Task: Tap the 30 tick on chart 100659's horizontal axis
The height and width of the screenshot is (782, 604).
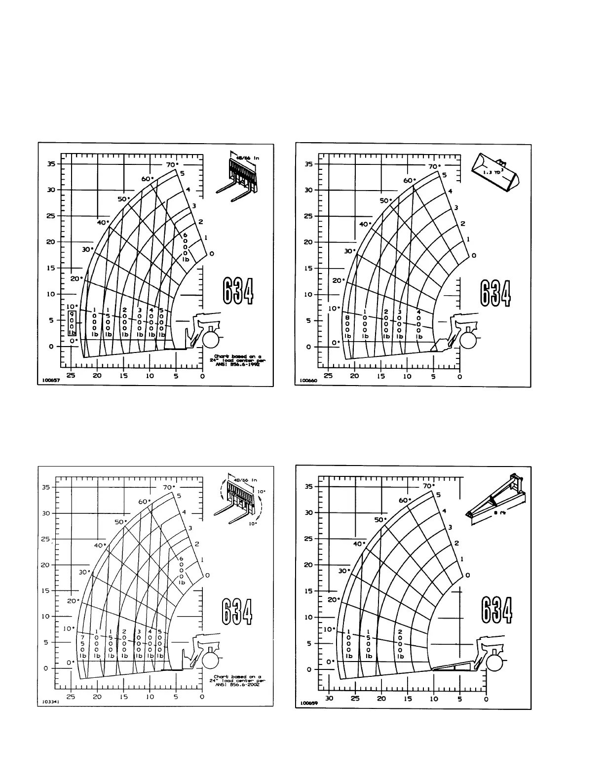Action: [329, 699]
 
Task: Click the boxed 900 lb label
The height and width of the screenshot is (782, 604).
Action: [72, 324]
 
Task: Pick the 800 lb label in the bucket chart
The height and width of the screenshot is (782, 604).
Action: [348, 327]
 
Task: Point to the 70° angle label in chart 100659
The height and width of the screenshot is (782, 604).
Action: [428, 486]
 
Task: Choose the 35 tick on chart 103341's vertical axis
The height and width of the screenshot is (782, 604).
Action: [45, 487]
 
